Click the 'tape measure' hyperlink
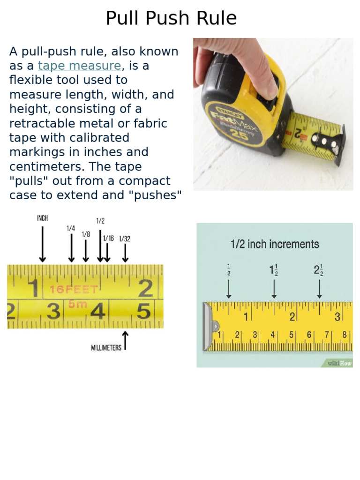coord(79,66)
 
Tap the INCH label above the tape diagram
coord(42,218)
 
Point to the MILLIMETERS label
coord(106,348)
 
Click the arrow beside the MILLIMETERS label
coord(125,341)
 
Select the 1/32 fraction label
coord(125,239)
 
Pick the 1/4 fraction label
coord(71,228)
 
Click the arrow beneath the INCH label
coord(42,244)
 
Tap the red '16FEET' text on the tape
coord(74,290)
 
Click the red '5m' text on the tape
coord(78,304)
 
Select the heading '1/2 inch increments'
coord(275,244)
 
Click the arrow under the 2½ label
coord(319,289)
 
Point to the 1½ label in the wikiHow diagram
coord(274,270)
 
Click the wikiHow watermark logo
coord(339,363)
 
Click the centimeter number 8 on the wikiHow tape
coord(345,335)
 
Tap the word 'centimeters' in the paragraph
coord(41,166)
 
